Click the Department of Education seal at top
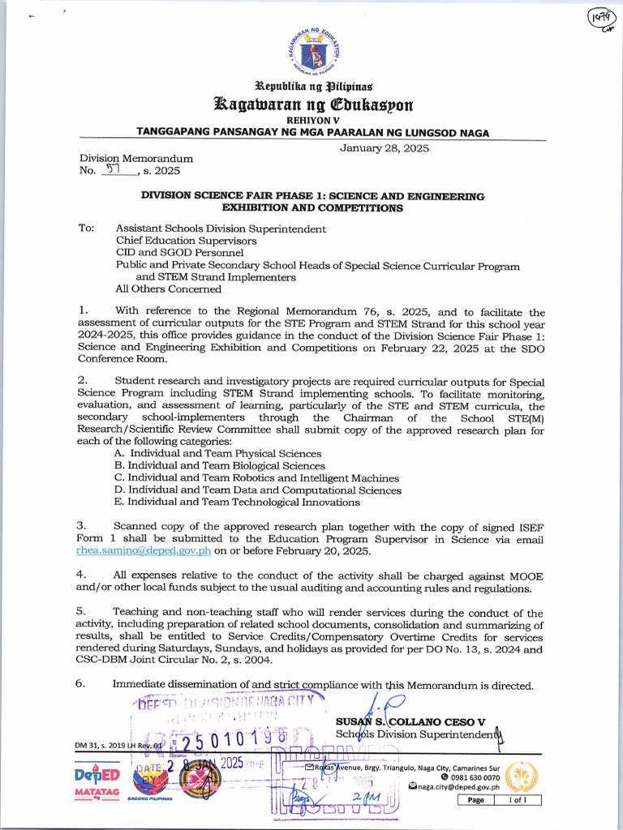coord(311,53)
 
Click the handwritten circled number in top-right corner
coord(600,20)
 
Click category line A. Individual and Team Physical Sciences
coord(217,454)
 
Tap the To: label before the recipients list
coord(87,229)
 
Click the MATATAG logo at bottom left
coord(97,794)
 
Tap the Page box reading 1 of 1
coord(499,800)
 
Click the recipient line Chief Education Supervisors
coord(186,241)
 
